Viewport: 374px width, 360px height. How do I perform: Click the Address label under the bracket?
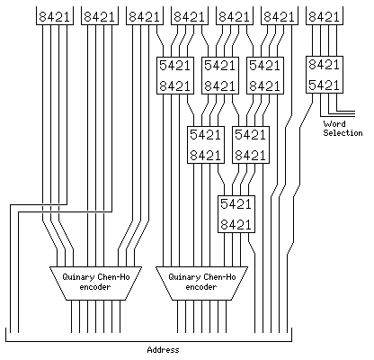point(163,350)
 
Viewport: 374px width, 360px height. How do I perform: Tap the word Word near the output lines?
point(334,124)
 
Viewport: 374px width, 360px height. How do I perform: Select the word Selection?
point(343,133)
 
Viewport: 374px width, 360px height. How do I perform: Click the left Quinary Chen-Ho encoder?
point(95,283)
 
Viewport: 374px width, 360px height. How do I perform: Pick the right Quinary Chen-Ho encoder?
point(201,283)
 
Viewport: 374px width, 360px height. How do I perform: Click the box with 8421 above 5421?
point(325,75)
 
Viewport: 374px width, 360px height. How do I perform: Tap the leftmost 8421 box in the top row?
point(55,15)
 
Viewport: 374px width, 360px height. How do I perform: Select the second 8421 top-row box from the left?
point(100,15)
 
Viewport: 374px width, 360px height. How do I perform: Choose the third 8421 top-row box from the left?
point(145,15)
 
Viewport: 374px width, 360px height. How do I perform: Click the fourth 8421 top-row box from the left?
point(190,15)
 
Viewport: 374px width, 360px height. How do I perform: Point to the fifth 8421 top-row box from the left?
point(235,15)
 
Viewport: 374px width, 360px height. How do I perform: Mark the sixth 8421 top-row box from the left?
point(280,15)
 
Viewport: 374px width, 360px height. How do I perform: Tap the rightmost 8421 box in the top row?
point(325,15)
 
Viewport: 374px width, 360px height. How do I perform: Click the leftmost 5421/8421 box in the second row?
point(175,76)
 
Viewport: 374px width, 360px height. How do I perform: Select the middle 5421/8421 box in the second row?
point(220,76)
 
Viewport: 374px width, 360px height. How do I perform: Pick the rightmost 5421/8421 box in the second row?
point(265,76)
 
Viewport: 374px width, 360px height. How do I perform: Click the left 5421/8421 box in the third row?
point(206,145)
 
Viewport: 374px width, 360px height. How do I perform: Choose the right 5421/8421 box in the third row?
point(251,145)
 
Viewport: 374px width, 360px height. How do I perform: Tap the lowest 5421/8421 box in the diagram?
point(236,214)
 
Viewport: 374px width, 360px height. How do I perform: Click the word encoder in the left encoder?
point(95,287)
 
